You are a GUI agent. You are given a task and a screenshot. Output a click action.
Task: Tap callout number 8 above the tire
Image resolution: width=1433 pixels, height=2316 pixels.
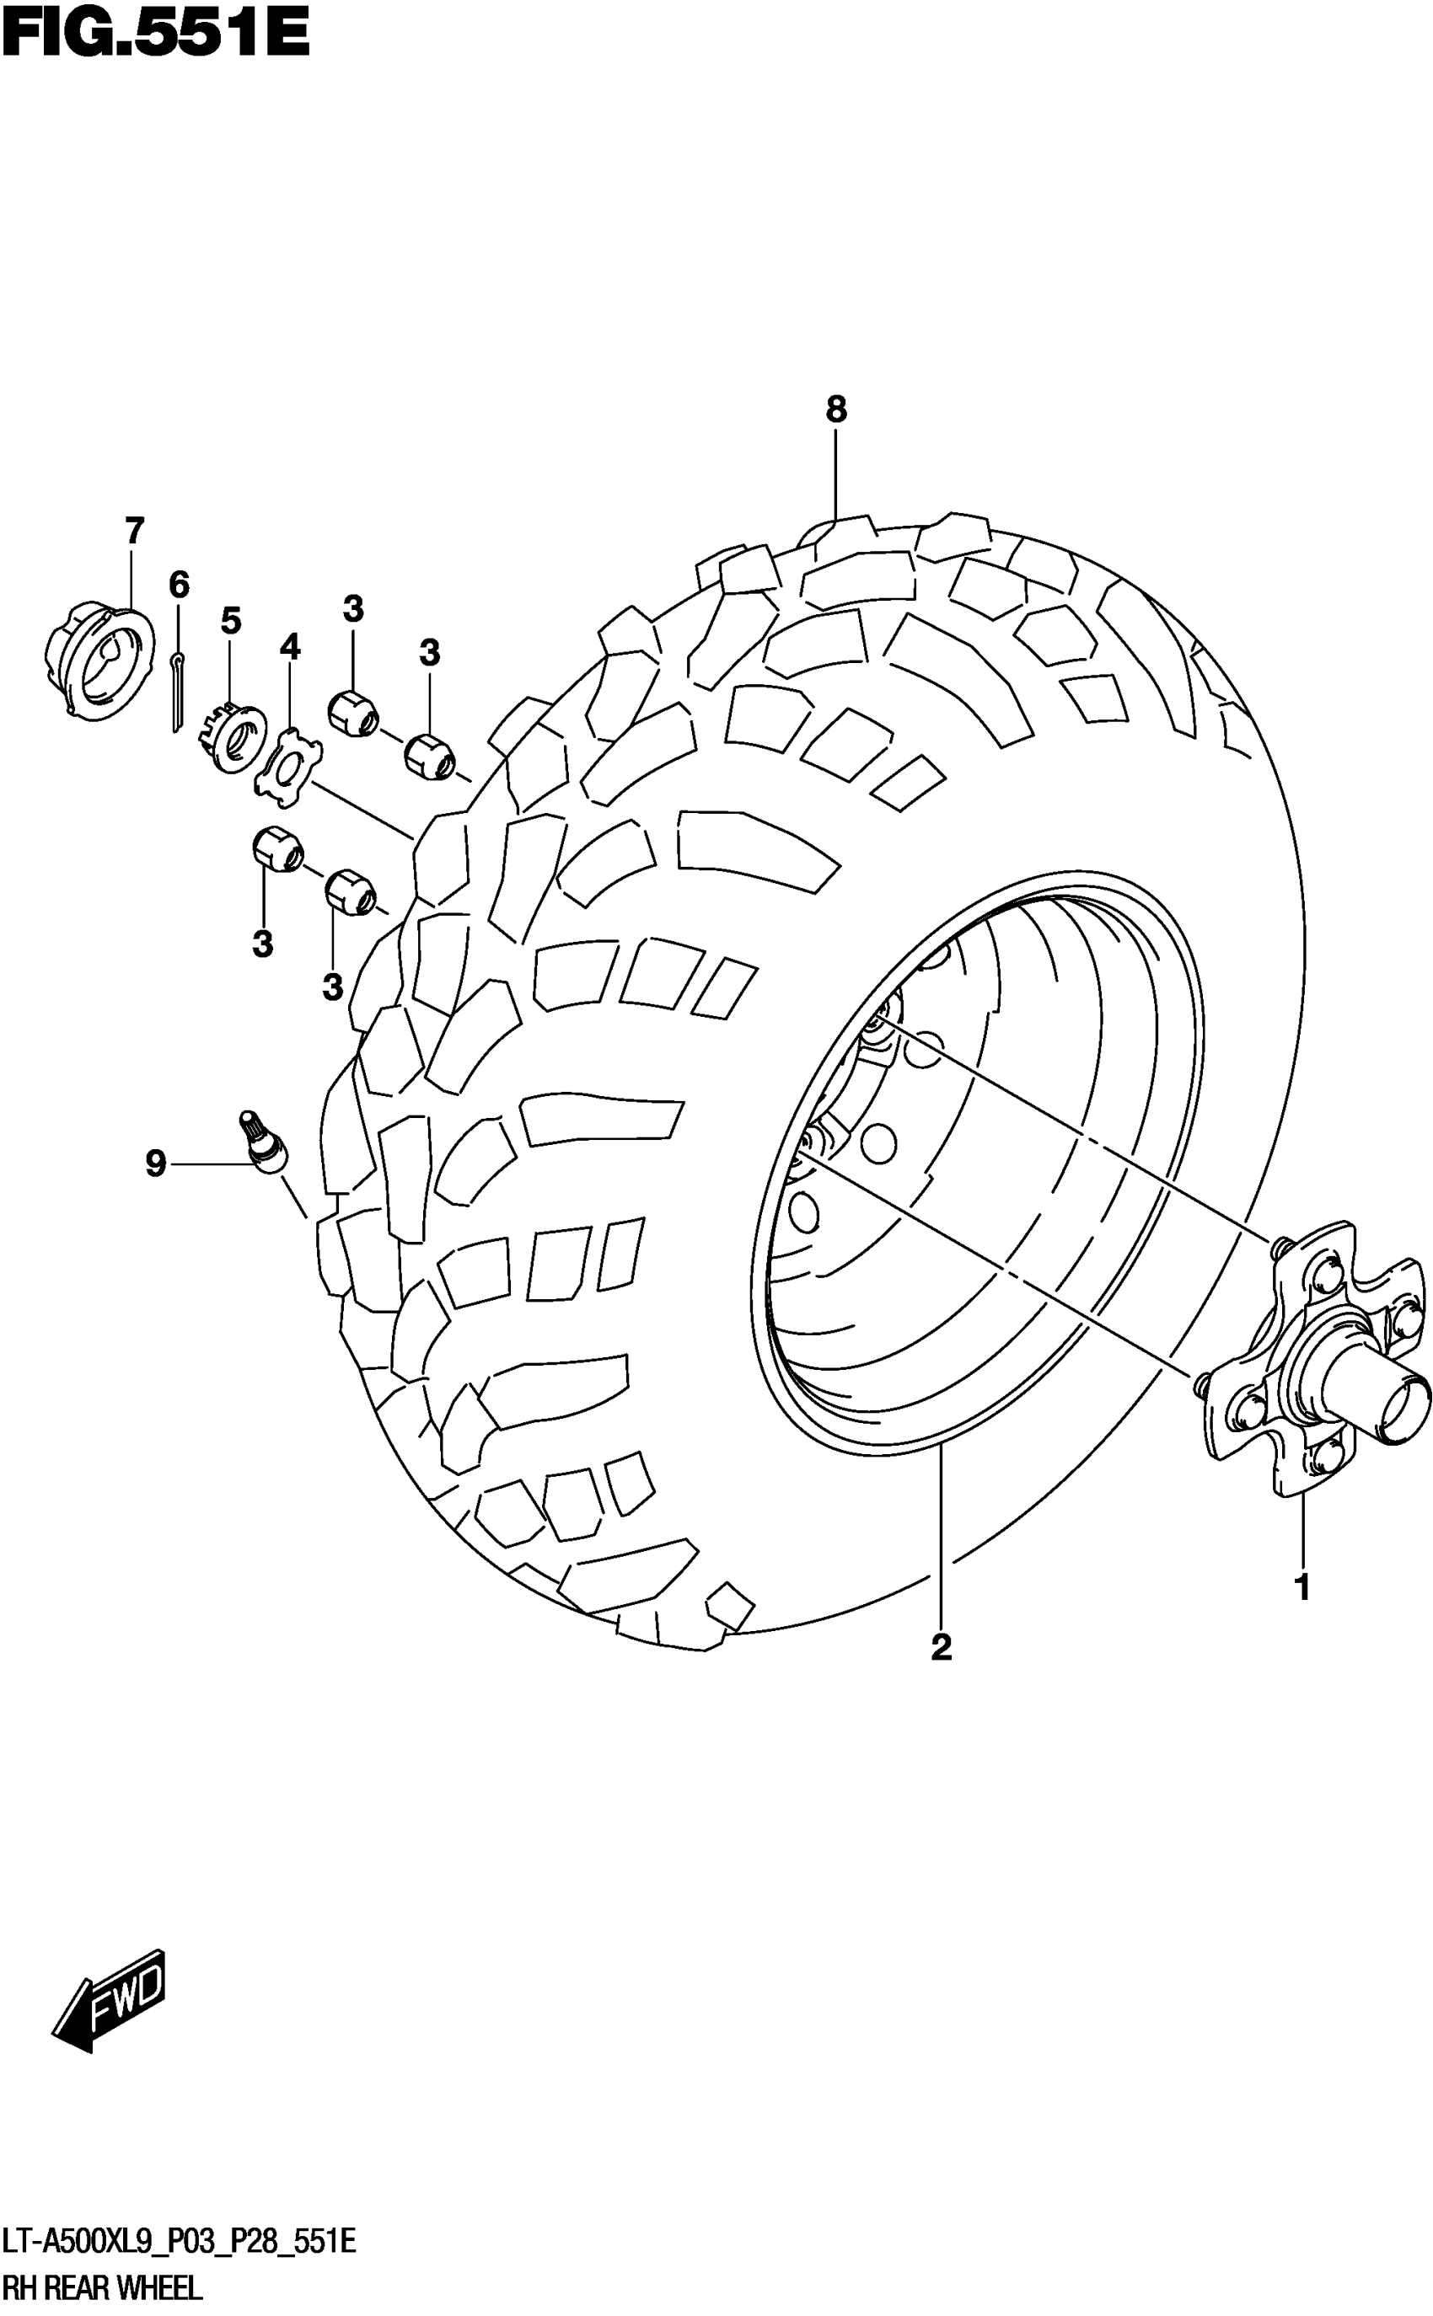tap(835, 409)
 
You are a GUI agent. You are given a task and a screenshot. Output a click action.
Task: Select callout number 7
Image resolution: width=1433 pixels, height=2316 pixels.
tap(134, 531)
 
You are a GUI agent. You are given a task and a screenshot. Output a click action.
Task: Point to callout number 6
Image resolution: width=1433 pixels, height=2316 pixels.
tap(179, 585)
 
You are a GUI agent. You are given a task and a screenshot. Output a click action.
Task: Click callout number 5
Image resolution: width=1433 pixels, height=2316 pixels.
tap(230, 622)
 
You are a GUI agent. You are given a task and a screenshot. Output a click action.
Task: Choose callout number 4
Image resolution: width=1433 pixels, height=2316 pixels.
tap(290, 647)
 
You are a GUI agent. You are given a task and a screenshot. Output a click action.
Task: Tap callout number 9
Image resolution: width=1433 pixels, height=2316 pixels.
tap(155, 1163)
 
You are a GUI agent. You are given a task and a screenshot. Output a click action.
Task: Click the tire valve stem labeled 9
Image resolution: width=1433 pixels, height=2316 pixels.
tap(265, 1143)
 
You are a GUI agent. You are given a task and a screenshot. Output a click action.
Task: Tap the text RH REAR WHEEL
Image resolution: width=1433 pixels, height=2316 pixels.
tap(102, 2287)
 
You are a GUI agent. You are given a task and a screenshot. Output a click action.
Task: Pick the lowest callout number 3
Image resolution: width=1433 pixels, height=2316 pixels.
tap(332, 987)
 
